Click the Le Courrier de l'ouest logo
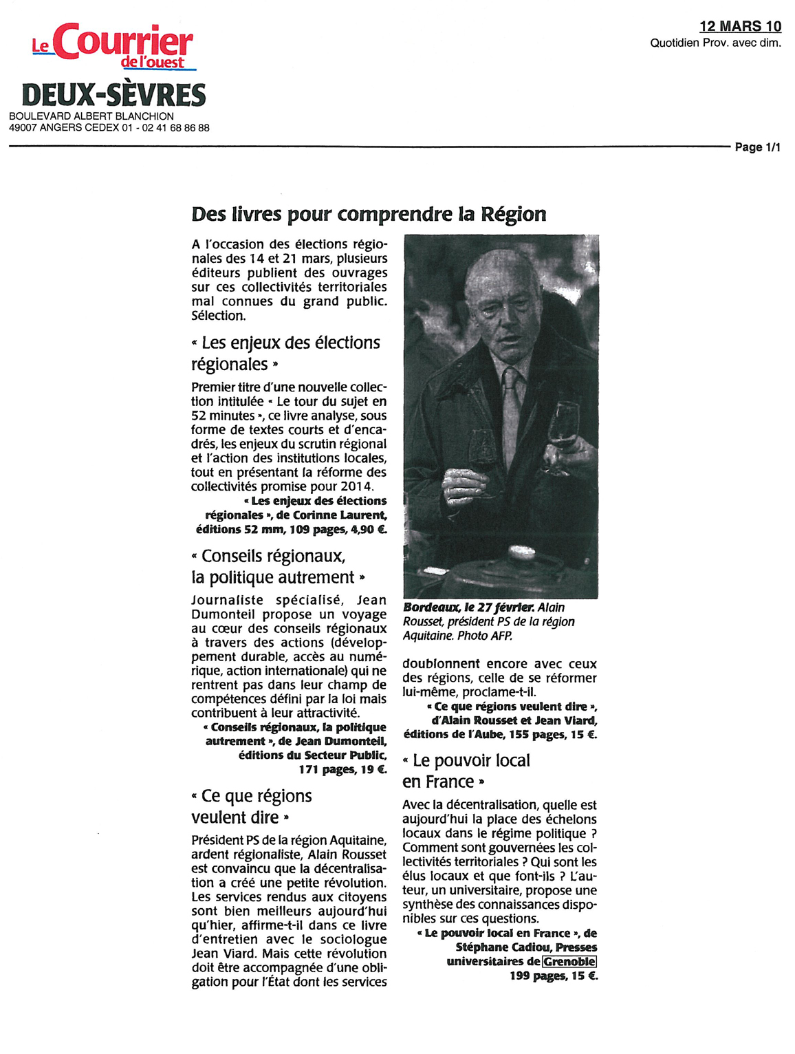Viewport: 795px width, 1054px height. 114,47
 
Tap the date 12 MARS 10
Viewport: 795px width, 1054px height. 740,26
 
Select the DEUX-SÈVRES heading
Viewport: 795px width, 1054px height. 113,95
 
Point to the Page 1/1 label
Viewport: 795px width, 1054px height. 757,147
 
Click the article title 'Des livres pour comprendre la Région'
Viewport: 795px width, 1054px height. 369,214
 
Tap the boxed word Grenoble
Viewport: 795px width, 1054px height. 569,962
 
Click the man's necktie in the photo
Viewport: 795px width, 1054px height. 511,406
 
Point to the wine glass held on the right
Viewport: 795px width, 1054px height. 563,430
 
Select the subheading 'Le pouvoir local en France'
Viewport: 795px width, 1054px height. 466,771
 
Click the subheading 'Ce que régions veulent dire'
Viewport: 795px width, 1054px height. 251,806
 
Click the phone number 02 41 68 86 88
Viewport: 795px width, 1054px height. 175,128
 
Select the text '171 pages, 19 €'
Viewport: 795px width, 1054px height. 342,770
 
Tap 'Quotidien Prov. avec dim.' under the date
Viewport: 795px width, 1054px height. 715,43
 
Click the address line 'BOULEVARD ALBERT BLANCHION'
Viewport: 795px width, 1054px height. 91,116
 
